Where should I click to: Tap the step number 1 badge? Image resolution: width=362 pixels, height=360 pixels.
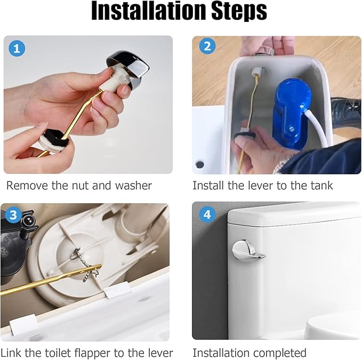tap(17, 49)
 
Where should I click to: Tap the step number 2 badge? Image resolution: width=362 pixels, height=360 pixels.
tap(207, 47)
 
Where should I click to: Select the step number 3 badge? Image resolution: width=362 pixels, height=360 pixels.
tap(13, 215)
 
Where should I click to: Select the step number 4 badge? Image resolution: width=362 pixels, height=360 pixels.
tap(207, 215)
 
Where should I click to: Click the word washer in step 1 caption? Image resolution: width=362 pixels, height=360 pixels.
tap(133, 186)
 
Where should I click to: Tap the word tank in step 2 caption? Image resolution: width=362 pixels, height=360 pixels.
tap(320, 186)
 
